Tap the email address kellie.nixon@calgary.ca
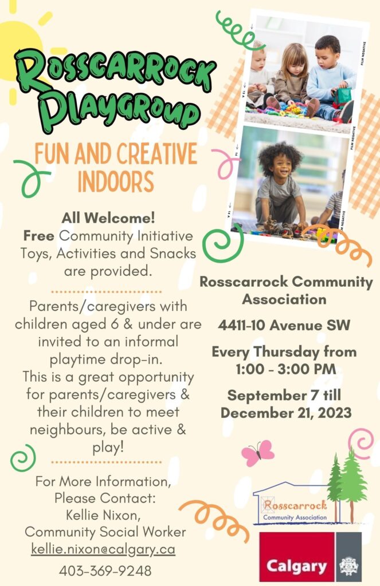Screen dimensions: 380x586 click(103, 549)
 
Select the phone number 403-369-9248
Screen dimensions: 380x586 click(105, 571)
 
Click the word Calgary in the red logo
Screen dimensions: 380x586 click(296, 566)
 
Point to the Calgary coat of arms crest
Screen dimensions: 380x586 click(348, 566)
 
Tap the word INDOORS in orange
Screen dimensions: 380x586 click(116, 181)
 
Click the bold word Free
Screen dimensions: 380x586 click(38, 236)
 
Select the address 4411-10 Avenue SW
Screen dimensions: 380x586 click(284, 325)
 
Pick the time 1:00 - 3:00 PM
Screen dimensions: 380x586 click(286, 369)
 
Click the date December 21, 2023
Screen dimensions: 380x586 click(286, 413)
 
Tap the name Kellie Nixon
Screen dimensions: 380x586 click(103, 515)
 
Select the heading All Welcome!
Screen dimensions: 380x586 click(108, 218)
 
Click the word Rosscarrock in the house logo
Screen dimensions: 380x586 click(295, 505)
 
